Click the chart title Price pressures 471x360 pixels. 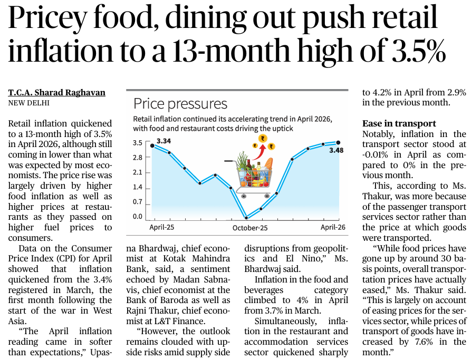coord(180,104)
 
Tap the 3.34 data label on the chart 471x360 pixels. coord(164,141)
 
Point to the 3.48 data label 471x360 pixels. coord(336,150)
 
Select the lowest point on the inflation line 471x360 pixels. coord(246,218)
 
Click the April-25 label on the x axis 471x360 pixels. coord(161,227)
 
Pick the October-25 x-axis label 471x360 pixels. coord(250,228)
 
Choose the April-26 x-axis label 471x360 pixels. coord(333,227)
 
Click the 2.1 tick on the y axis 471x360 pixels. coord(138,172)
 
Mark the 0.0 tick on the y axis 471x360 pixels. coord(138,217)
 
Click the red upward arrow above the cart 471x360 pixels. coord(259,152)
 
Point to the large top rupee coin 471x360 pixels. coord(263,139)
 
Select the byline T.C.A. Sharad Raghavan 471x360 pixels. coord(57,92)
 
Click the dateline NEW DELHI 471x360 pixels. coord(29,103)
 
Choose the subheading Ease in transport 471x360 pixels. coord(399,123)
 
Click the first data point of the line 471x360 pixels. coord(152,145)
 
